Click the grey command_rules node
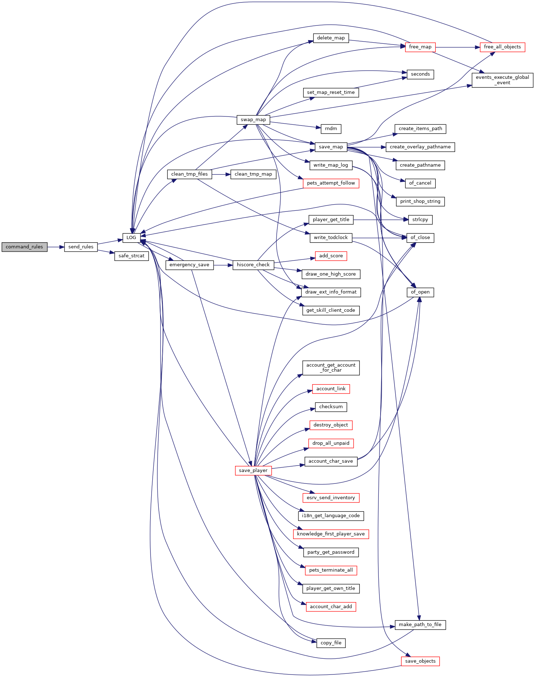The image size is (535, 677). [24, 247]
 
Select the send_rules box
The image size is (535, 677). [81, 247]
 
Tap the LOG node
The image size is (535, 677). [132, 238]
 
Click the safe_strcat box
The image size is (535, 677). [132, 256]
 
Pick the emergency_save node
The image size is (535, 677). [189, 265]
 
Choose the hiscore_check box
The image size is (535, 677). [253, 265]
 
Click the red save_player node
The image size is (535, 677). [253, 471]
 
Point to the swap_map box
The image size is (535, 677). [253, 120]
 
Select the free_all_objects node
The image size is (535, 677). [502, 47]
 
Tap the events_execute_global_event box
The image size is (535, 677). [502, 80]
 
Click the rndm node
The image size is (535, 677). [331, 129]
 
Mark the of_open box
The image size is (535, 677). [420, 292]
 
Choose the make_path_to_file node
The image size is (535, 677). [420, 625]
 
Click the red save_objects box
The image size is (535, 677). [420, 661]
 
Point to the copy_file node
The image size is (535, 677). [331, 643]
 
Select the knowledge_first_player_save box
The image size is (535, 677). [331, 534]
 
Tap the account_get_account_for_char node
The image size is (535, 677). [331, 368]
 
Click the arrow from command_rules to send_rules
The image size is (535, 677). [56, 247]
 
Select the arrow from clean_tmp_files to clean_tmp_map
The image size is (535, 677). [221, 174]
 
